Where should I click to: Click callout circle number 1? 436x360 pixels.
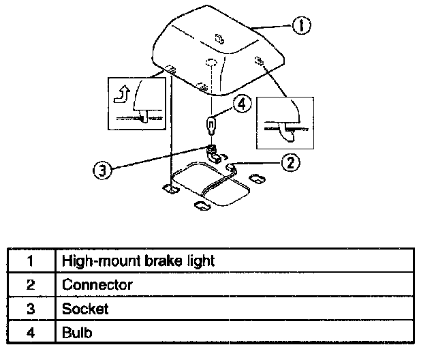301,26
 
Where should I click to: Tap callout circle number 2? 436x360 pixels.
290,162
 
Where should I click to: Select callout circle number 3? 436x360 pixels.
102,170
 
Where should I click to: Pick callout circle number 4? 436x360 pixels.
243,104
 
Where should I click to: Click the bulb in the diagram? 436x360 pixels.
212,125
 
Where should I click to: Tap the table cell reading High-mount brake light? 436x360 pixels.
234,260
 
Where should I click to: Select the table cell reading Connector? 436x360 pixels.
234,284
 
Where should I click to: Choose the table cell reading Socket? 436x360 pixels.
234,308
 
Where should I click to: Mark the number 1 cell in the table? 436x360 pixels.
31,260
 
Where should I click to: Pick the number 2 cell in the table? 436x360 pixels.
31,284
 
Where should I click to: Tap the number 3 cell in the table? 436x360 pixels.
31,308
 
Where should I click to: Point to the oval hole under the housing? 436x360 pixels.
211,63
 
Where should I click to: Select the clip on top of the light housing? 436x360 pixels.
218,40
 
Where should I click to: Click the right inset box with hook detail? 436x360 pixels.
285,122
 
